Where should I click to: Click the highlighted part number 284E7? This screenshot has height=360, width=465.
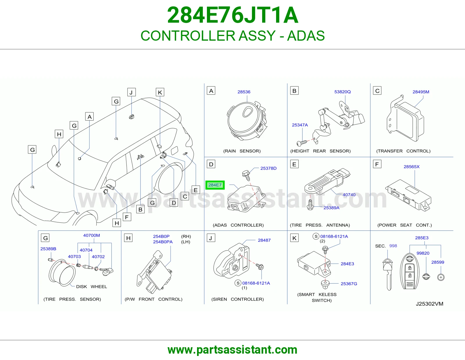coord(215,185)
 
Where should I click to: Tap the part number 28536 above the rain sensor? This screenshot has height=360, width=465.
coord(244,92)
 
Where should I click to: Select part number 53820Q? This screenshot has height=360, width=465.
coord(342,92)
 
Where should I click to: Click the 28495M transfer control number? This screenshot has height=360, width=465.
coord(421,92)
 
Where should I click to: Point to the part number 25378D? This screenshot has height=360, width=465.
coord(268,168)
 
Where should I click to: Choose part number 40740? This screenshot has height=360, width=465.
coord(349,195)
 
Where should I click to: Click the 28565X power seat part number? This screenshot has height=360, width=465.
coord(412,167)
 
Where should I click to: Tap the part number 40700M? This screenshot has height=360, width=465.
coord(91,235)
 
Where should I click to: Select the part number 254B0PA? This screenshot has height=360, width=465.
coord(163,242)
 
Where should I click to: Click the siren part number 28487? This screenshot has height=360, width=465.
coord(264,240)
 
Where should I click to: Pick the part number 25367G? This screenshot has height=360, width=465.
coord(349,284)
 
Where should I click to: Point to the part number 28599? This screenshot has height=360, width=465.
coord(438,262)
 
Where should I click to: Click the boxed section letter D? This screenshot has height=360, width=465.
coord(211,164)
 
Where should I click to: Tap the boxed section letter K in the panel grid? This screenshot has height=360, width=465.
coord(294,238)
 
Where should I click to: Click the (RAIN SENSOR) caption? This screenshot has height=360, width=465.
coord(242,151)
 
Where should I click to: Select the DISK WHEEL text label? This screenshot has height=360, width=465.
coord(91,287)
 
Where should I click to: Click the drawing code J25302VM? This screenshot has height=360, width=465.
coord(430,304)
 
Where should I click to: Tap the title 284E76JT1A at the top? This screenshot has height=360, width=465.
coord(233,15)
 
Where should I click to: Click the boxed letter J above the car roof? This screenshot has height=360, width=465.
coord(131,92)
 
